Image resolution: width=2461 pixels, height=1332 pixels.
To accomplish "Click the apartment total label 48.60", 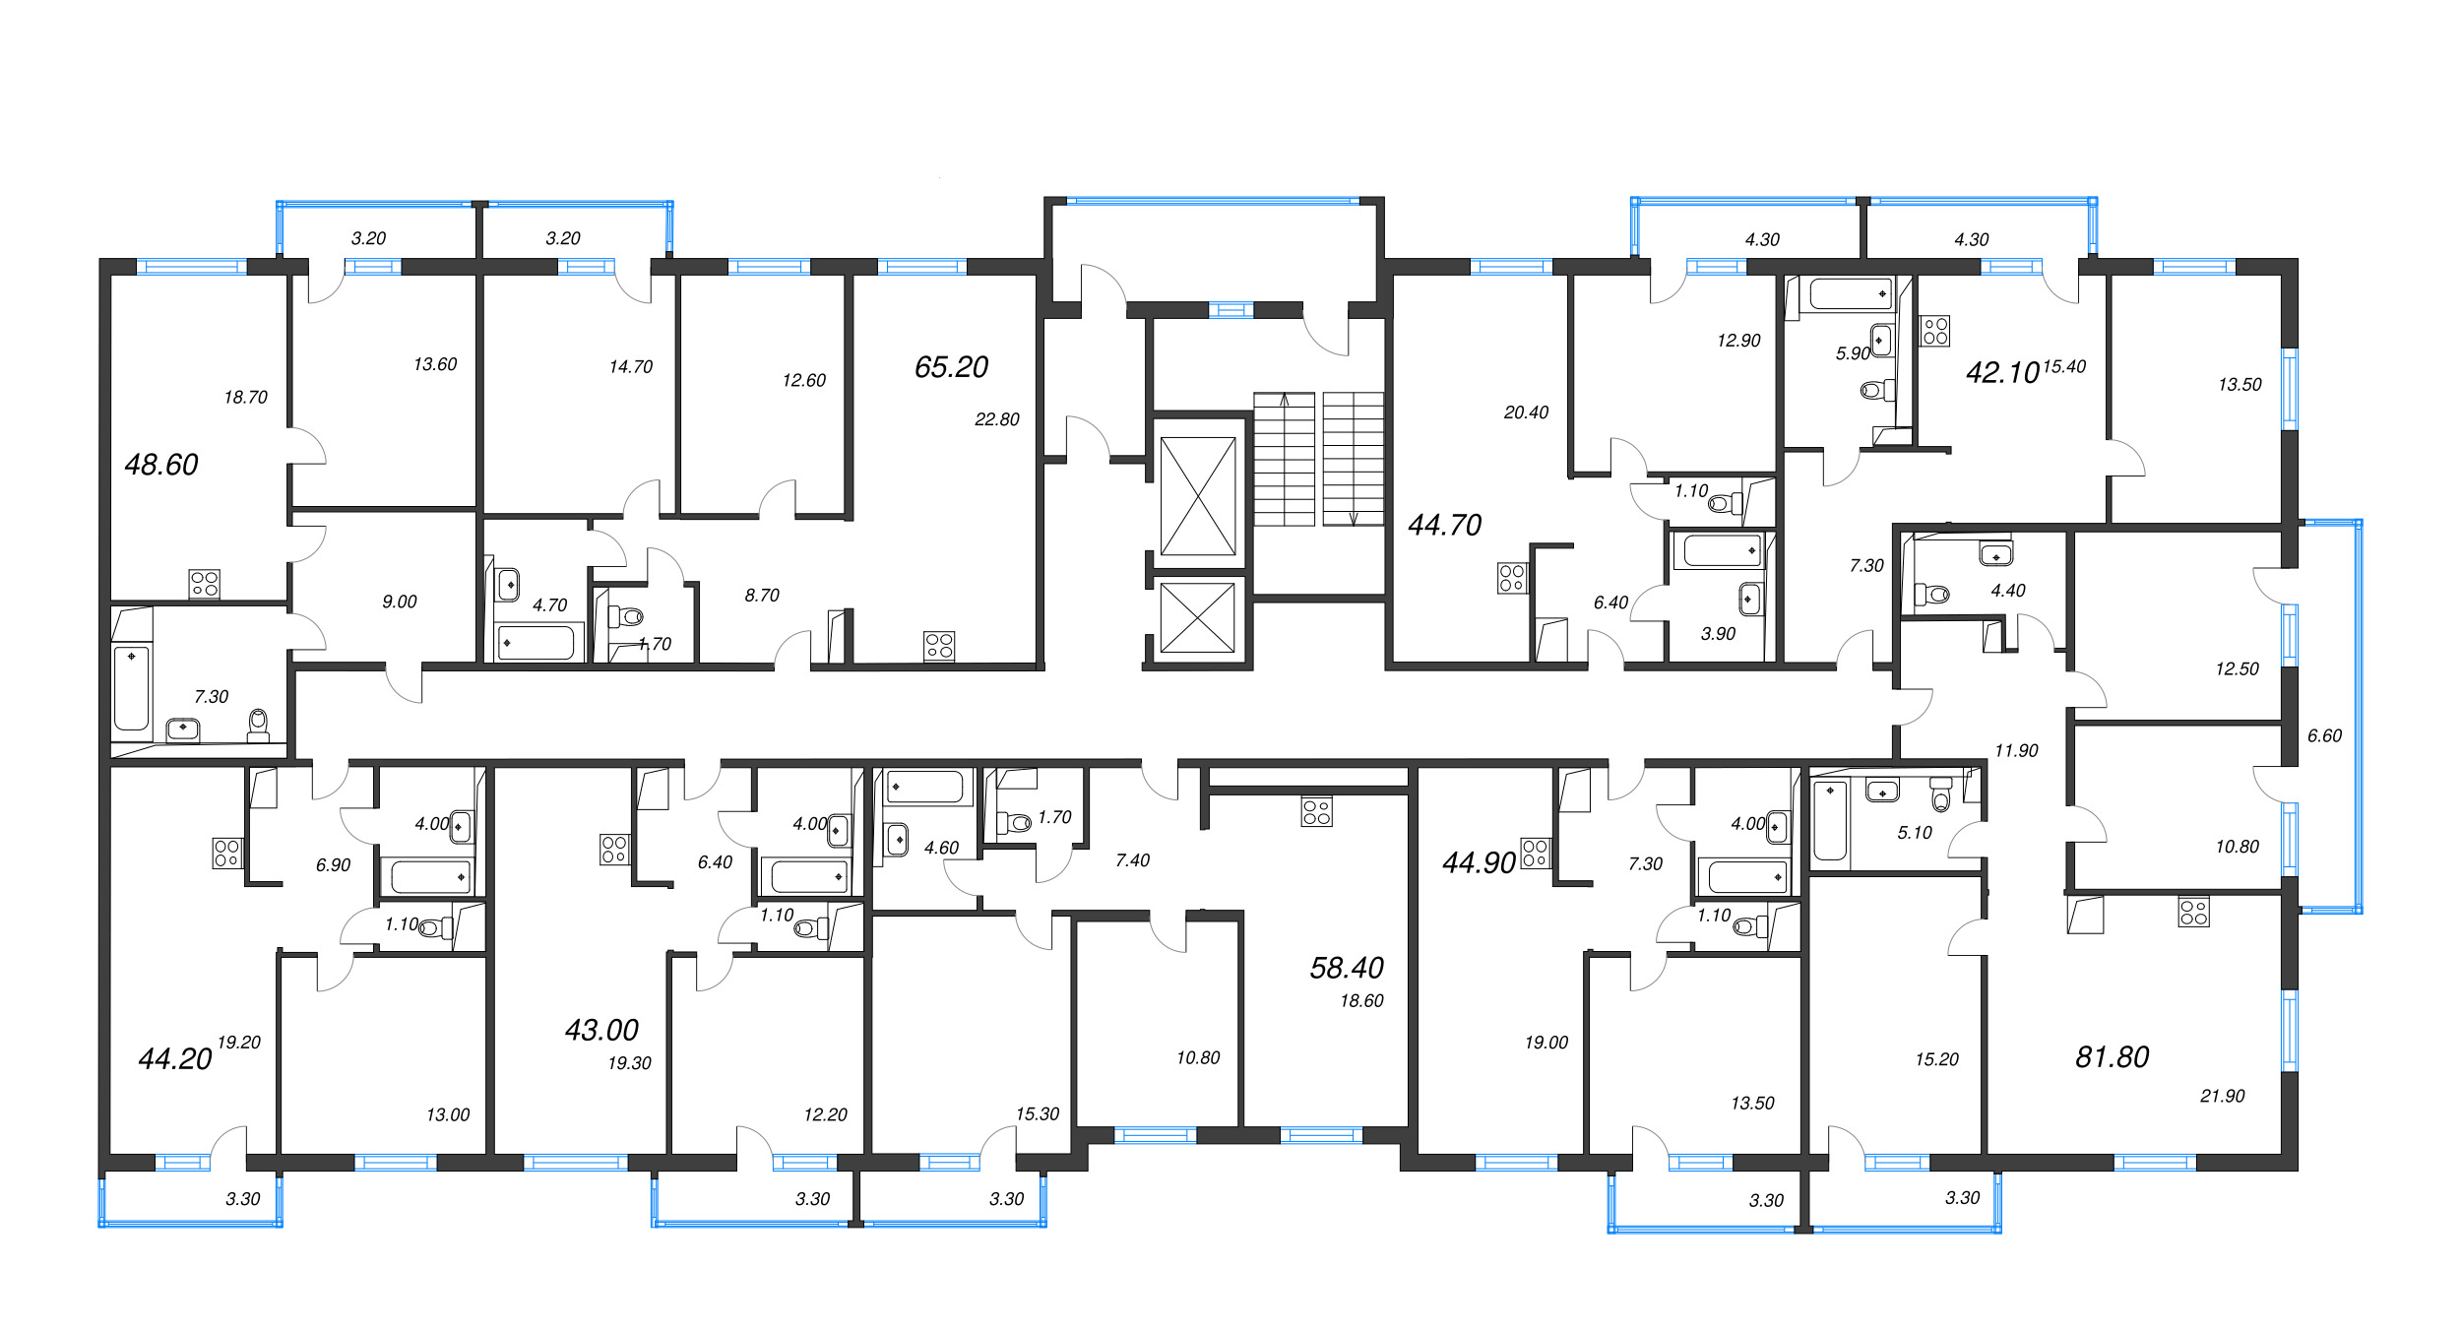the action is pos(161,465).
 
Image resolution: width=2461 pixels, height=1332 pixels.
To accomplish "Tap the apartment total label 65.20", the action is pos(951,367).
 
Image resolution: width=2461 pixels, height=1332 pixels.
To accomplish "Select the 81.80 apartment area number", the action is pos(2113,1057).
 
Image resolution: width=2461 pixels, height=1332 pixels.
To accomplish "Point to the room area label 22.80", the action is pos(997,419).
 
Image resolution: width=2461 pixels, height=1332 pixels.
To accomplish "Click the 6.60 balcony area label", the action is pos(2324,735).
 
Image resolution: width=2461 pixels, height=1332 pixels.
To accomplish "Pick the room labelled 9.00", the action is pos(400,602).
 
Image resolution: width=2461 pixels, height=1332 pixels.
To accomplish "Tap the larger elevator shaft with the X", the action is pos(1198,496).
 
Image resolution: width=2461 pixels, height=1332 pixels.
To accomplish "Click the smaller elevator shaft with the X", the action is pos(1197,618).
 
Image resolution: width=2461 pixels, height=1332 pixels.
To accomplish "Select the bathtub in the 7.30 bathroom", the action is pos(131,688).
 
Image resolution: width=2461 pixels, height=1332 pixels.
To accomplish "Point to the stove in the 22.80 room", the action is pos(939,646).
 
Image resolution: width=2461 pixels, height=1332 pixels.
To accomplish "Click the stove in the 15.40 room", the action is pos(1935,331).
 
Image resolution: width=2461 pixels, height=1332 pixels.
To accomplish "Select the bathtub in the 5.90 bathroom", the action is pos(1851,294).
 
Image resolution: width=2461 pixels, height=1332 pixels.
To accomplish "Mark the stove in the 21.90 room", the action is pos(2194,912).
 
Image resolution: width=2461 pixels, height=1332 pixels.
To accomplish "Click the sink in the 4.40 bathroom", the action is pos(1996,554).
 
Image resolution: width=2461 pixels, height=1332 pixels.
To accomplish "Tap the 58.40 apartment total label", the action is pos(1347,969).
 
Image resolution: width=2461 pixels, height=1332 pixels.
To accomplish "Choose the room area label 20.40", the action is pos(1526,412).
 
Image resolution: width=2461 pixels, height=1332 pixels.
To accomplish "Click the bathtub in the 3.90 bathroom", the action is pos(1722,551).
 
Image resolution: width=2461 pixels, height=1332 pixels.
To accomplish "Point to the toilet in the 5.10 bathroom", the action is pos(1940,794).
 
